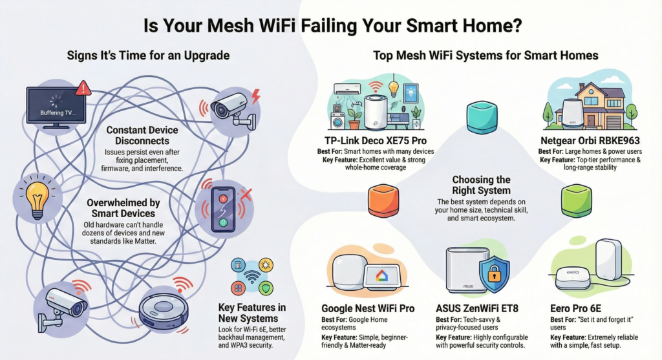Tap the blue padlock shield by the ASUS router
coord(494,275)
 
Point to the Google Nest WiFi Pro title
coord(367,309)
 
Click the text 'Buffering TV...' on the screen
coord(58,112)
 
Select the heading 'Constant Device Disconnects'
coord(142,135)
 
